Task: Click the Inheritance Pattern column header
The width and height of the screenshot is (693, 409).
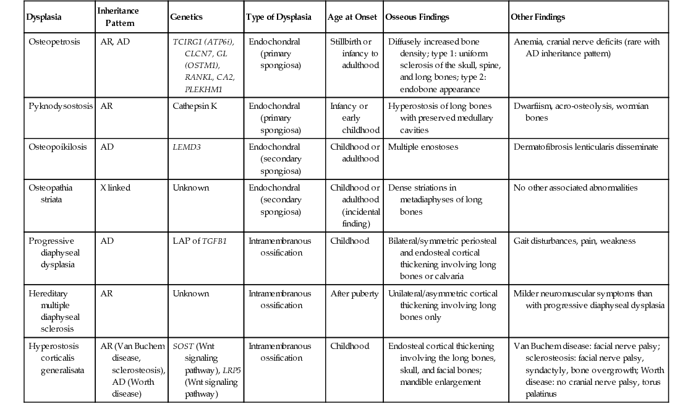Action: [119, 17]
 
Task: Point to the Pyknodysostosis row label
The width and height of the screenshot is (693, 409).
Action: [60, 106]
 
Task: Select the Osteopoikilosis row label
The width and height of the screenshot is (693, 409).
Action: [56, 147]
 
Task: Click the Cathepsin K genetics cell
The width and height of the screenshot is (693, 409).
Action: [195, 106]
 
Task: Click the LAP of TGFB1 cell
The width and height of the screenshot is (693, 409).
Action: [200, 241]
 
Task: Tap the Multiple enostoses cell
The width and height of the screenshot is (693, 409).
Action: [423, 147]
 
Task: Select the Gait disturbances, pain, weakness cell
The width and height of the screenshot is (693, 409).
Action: [574, 241]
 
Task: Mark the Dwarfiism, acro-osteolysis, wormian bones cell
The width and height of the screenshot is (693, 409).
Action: [580, 111]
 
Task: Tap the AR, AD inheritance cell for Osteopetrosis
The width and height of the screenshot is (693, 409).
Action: [115, 42]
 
